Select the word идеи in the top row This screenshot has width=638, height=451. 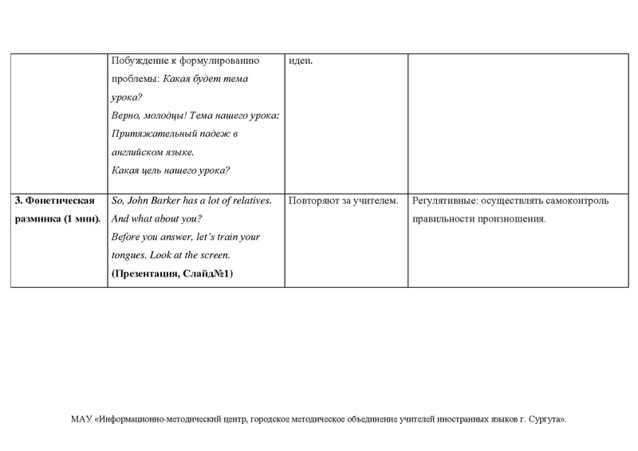301,62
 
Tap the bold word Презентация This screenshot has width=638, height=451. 148,273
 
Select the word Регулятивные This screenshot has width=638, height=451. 444,201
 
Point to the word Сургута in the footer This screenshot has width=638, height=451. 545,418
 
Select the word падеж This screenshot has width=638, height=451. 223,134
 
